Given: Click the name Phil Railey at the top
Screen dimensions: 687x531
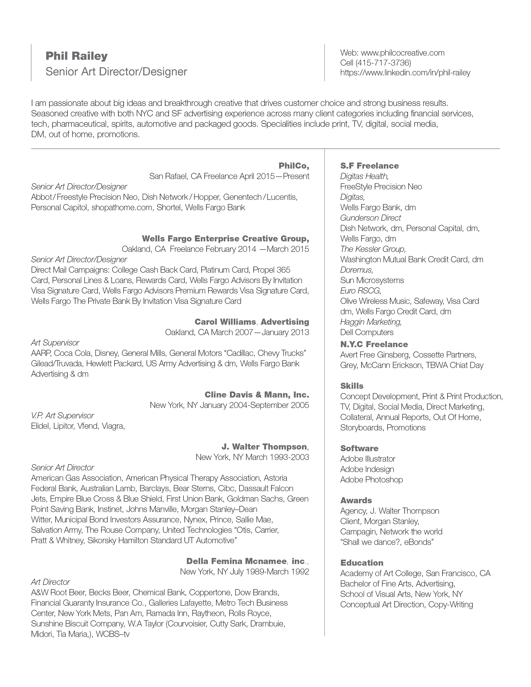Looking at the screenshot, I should tap(77, 56).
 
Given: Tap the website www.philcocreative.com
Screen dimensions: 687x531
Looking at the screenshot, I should tap(403, 53).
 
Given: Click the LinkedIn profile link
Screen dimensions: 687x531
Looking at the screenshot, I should tap(405, 73).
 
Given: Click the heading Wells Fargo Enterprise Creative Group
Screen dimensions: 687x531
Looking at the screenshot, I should tap(225, 238).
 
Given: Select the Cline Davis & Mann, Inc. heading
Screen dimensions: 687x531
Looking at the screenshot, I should tap(257, 395).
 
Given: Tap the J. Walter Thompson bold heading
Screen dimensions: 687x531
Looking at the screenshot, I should tap(264, 447).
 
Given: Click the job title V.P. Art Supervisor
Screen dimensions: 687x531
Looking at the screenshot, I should tap(62, 416).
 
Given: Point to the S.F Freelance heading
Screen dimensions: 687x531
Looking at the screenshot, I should tap(369, 166).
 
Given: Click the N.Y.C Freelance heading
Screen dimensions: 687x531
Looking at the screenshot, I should tap(374, 344).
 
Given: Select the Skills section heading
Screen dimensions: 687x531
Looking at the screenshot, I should tap(352, 386).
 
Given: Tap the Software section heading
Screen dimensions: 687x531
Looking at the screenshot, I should tap(359, 448).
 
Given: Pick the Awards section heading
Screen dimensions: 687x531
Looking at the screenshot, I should tap(356, 500).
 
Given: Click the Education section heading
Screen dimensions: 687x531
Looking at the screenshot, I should tap(362, 563).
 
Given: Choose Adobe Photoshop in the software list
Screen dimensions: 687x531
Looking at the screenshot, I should tap(371, 479).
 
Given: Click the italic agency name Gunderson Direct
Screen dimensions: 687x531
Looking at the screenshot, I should tap(371, 218).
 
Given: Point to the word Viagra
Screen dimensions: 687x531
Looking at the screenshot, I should tap(113, 426).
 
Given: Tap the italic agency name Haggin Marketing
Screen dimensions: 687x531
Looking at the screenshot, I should tap(371, 322).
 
